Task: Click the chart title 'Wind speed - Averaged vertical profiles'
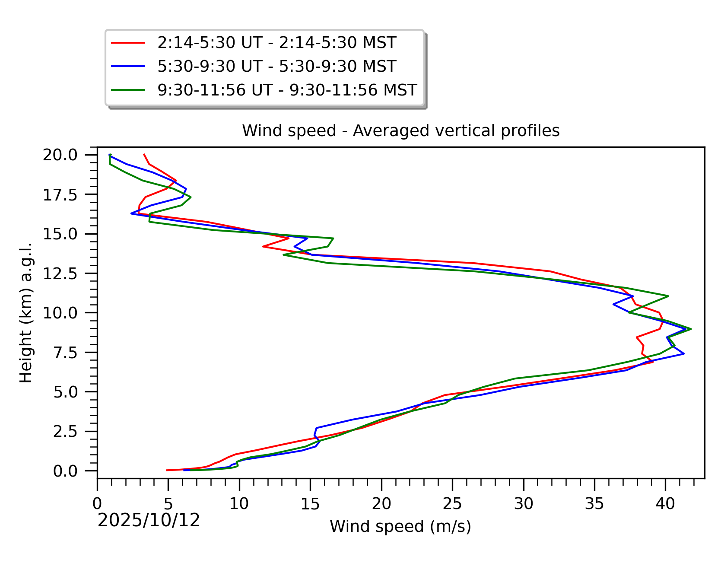tap(400, 130)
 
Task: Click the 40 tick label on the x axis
tap(665, 504)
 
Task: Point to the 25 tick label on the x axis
tap(452, 504)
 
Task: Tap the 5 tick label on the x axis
tap(168, 504)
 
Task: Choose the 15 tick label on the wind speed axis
tap(310, 504)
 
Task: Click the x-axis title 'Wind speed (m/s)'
tap(400, 526)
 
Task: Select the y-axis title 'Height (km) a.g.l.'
tap(26, 312)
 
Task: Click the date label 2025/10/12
tap(149, 521)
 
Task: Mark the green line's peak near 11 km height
tap(668, 296)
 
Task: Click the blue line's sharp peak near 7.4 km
tap(683, 354)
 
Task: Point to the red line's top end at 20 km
tap(144, 154)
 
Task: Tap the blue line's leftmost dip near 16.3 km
tap(131, 213)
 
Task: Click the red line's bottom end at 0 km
tap(167, 470)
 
